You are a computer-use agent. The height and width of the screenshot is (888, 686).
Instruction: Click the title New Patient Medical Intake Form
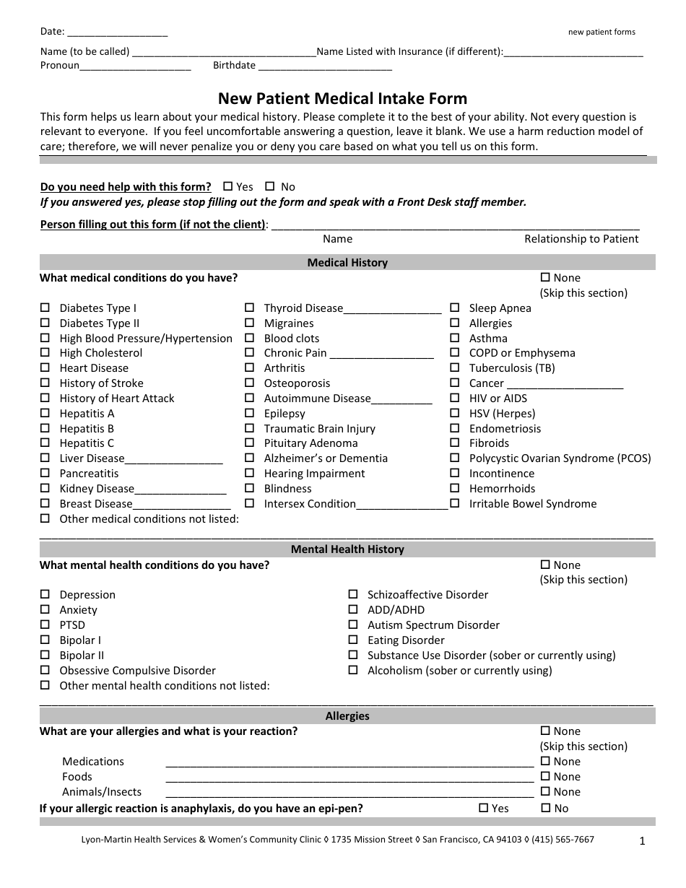[x=343, y=98]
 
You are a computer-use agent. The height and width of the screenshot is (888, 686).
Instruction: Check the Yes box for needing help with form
[x=228, y=186]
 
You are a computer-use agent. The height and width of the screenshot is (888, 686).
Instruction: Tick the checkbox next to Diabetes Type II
[x=45, y=323]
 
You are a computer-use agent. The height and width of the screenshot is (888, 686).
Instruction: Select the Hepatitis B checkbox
[x=45, y=429]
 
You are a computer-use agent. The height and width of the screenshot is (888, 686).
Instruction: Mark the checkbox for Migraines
[x=249, y=323]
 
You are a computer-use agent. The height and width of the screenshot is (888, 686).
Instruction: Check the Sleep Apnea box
[x=455, y=308]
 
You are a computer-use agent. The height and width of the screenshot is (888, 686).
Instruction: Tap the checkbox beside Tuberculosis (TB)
[x=455, y=368]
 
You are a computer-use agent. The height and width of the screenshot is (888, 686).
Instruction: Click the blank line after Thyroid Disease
[x=392, y=310]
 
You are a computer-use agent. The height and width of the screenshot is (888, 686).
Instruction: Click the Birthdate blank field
[x=325, y=66]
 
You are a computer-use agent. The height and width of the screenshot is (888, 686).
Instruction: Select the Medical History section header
[x=347, y=263]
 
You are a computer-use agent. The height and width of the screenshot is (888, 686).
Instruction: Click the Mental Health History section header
[x=347, y=549]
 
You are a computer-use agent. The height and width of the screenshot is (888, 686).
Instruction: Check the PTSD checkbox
[x=45, y=625]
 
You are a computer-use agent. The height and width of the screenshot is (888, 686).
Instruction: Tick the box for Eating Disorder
[x=353, y=640]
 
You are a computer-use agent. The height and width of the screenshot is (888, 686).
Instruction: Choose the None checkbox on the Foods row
[x=545, y=777]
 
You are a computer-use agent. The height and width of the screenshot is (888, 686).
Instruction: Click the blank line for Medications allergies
[x=349, y=763]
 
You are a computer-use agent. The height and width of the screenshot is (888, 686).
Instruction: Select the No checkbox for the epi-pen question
[x=545, y=809]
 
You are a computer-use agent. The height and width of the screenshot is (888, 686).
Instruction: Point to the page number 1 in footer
[x=642, y=840]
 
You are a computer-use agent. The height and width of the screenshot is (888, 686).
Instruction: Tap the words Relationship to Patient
[x=581, y=239]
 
